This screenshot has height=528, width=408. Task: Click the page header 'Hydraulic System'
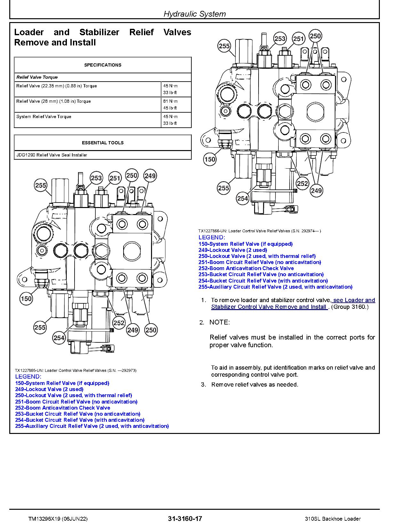[195, 14]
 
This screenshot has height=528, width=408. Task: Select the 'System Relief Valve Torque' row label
[44, 116]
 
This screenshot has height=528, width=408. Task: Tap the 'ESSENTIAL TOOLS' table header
[102, 143]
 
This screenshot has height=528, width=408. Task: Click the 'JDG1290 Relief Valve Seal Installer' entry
[52, 155]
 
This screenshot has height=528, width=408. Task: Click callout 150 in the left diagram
[26, 299]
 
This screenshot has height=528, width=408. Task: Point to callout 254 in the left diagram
[59, 338]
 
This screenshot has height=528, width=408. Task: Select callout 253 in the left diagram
[96, 178]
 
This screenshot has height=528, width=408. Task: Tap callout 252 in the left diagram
[119, 323]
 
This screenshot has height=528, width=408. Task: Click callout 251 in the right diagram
[298, 39]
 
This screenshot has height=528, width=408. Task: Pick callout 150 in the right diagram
[210, 159]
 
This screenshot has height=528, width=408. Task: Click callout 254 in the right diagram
[243, 199]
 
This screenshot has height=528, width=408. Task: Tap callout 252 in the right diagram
[302, 184]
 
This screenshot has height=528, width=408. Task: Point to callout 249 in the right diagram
[316, 191]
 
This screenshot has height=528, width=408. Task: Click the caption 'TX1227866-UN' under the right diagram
[213, 231]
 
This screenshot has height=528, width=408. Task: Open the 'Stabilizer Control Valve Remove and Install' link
[269, 307]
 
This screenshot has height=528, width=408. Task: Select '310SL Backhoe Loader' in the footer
[333, 519]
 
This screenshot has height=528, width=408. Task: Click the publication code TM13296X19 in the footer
[37, 519]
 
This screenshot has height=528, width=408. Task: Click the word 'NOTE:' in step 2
[220, 322]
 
